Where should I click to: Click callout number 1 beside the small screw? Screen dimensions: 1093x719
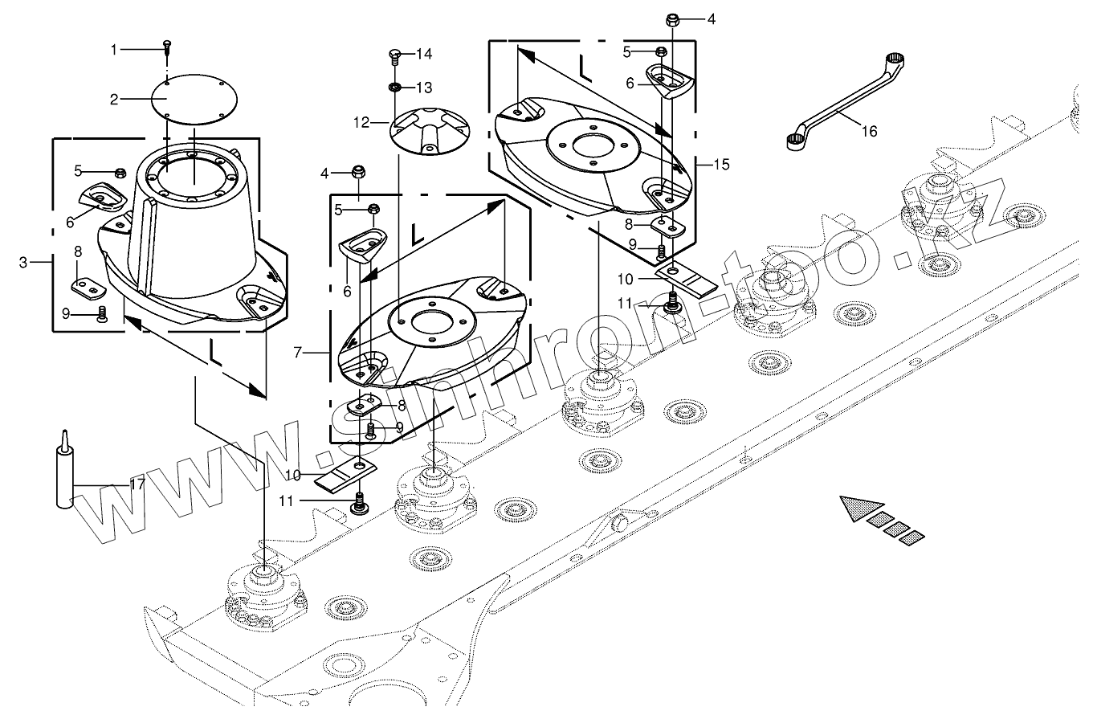coord(114,50)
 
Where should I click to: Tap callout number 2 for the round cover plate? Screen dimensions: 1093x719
coord(114,100)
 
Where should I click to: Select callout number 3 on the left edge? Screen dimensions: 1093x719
coord(23,263)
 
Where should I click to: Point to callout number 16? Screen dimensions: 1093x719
coord(870,131)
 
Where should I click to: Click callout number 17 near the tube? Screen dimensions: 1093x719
coord(137,484)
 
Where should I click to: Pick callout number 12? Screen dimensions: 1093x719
coord(361,123)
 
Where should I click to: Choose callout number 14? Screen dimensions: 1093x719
coord(424,54)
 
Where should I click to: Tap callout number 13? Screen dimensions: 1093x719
coord(424,88)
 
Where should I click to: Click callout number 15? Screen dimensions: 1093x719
coord(721,165)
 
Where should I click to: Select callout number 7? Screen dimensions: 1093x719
coord(298,352)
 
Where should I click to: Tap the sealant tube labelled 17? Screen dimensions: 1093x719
coord(65,470)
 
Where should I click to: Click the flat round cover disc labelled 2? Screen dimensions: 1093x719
coord(194,99)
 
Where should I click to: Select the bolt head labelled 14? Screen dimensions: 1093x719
coord(394,53)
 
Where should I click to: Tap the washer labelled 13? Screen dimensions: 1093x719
coord(395,88)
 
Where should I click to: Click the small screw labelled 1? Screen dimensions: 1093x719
coord(167,47)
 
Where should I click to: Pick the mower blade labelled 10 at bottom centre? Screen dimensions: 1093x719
coord(346,475)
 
